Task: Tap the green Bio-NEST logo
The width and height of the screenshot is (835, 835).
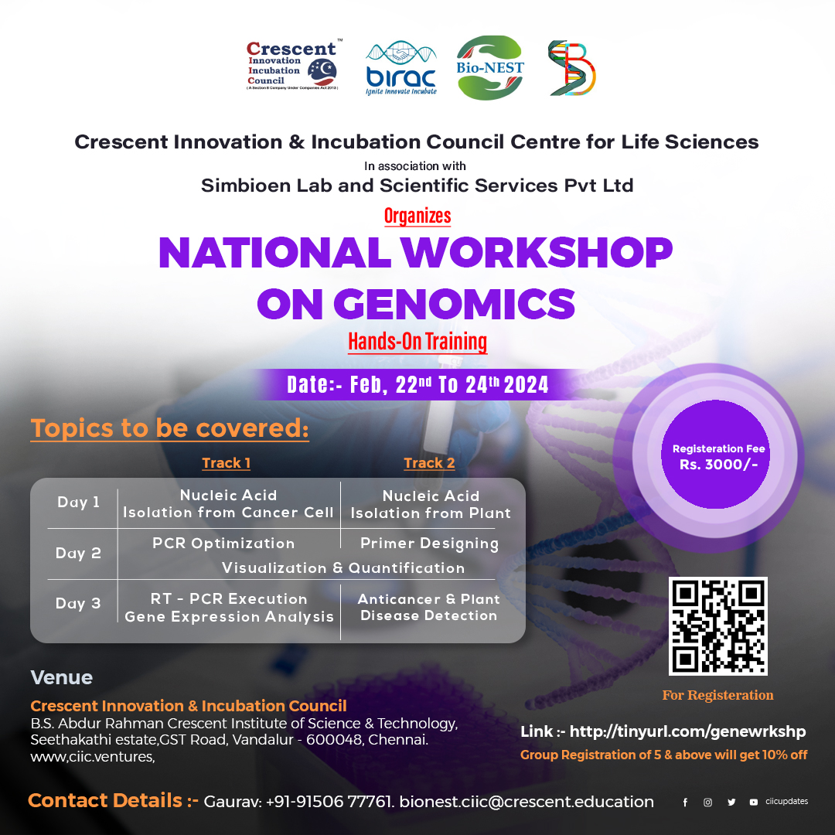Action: (489, 68)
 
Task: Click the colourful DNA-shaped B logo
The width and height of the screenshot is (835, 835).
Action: (571, 69)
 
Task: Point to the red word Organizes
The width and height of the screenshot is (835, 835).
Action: (417, 216)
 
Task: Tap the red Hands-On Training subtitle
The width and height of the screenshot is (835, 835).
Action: (417, 341)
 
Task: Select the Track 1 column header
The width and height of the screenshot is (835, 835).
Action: (226, 463)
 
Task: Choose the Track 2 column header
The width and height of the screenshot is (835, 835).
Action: (429, 463)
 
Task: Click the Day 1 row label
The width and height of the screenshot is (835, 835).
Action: (78, 503)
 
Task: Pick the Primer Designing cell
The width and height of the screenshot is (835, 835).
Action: (429, 544)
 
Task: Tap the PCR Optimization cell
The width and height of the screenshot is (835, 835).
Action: (223, 544)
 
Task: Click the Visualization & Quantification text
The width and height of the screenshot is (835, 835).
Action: (343, 568)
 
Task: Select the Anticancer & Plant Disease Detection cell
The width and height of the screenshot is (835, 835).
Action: (429, 608)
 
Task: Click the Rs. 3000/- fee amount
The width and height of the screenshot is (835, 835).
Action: (718, 465)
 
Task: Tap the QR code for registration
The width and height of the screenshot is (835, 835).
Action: (718, 626)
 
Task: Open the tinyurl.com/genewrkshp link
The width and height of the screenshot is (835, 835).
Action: (687, 731)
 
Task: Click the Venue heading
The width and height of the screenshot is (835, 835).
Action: (61, 678)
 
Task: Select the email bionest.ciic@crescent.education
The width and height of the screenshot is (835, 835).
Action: (527, 802)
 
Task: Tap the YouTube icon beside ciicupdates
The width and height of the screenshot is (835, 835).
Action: (753, 803)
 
